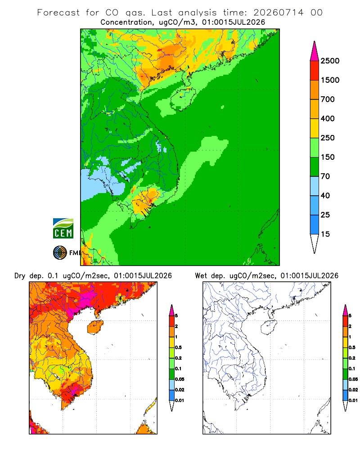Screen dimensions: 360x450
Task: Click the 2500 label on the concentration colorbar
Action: tap(330, 61)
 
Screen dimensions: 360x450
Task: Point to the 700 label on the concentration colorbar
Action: tap(328, 99)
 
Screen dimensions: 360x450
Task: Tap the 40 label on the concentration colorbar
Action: tap(325, 195)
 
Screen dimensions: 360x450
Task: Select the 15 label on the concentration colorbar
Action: tap(325, 234)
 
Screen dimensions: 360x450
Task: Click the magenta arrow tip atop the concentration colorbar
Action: tap(315, 52)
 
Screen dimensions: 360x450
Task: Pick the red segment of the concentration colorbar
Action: tap(315, 71)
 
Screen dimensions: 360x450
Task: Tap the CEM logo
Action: tap(63, 229)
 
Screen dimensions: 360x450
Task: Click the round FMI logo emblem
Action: tap(60, 253)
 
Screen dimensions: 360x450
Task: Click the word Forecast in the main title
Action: tap(58, 13)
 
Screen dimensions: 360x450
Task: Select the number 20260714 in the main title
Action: tap(278, 13)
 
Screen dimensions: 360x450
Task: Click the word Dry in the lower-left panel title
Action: tap(20, 276)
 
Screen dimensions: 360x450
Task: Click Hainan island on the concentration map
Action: tap(183, 99)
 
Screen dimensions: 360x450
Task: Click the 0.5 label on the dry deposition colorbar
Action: tap(178, 347)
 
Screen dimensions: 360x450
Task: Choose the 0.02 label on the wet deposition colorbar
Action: tap(353, 390)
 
